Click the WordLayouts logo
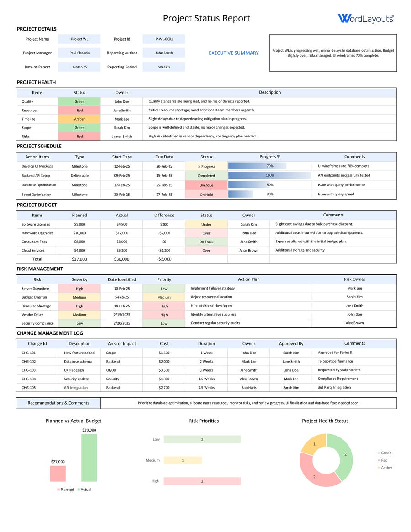(365, 18)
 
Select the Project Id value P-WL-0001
(164, 39)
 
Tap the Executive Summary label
(233, 53)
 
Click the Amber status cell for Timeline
(79, 119)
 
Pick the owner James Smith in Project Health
(121, 137)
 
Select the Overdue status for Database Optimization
(206, 185)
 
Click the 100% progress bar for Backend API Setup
(269, 175)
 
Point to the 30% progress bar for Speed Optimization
(240, 195)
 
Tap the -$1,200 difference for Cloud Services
(164, 251)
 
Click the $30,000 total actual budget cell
(121, 259)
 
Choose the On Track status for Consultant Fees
(206, 242)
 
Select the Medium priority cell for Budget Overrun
(164, 297)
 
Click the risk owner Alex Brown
(354, 323)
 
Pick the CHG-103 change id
(28, 370)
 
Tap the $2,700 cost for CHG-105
(164, 388)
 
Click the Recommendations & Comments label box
(58, 403)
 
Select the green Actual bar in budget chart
(89, 458)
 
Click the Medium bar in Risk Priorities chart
(182, 460)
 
